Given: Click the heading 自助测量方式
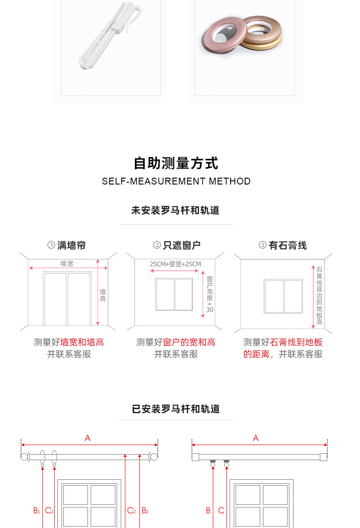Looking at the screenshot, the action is [x=176, y=163].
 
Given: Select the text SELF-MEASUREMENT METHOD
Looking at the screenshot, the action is [x=176, y=181].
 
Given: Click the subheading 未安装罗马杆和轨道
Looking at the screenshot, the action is [x=175, y=210].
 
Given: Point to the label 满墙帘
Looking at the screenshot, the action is [x=72, y=246].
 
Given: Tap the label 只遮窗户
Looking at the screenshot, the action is [x=181, y=246].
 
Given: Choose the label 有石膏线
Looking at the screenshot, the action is [x=288, y=246].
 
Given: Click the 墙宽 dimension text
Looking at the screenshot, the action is [x=67, y=263].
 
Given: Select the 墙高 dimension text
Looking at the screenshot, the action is [x=103, y=295].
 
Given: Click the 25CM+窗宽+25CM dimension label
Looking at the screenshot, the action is [x=175, y=264].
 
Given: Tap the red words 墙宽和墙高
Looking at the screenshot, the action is [x=82, y=342].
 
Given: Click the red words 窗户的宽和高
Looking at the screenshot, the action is [x=189, y=342].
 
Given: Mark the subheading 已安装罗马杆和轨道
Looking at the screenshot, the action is [x=176, y=409].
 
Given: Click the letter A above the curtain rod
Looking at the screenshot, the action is [x=87, y=438].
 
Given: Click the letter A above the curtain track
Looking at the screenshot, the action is [x=256, y=438].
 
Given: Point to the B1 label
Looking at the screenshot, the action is [x=36, y=511].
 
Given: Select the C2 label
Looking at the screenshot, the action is [x=131, y=511].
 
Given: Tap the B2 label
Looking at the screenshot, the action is [x=145, y=511].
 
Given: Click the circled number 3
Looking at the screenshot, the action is [x=262, y=246].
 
